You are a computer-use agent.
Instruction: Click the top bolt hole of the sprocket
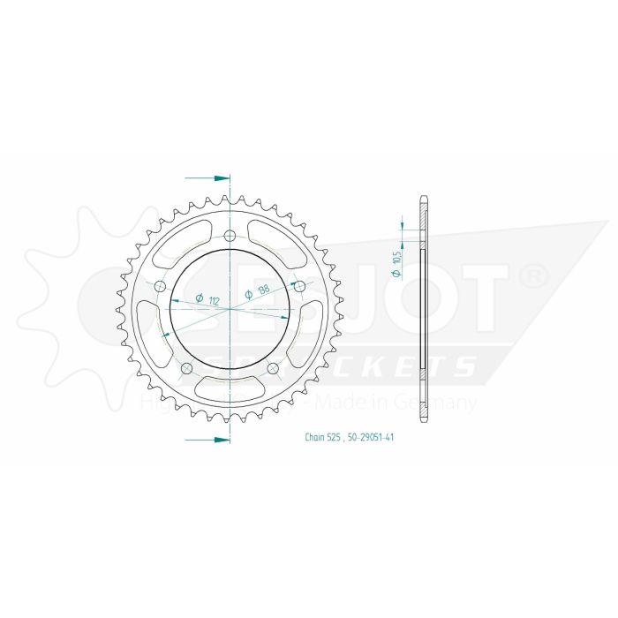230,237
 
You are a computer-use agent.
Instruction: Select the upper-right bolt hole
299,286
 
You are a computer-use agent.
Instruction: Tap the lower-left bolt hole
187,368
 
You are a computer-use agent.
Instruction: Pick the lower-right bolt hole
273,368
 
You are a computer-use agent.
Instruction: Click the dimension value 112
215,298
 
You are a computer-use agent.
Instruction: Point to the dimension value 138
263,290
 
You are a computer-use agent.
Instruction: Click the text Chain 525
320,437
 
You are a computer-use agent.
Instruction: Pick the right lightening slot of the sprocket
310,328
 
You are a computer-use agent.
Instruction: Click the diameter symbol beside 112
200,298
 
